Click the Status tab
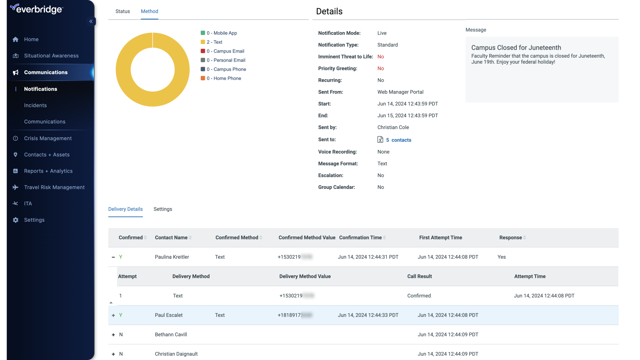[x=122, y=11]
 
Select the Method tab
[x=149, y=11]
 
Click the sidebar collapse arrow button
[x=91, y=21]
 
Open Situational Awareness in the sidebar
[x=51, y=56]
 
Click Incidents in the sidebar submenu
[x=35, y=105]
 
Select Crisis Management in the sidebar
[x=48, y=138]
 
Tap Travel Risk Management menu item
[x=54, y=187]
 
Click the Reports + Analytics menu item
[x=48, y=171]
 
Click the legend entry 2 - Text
[x=214, y=42]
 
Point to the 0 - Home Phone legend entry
[x=224, y=78]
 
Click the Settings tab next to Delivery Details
[x=163, y=209]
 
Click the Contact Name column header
[x=171, y=238]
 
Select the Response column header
[x=510, y=238]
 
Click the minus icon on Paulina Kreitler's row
[x=113, y=257]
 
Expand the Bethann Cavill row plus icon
[x=113, y=335]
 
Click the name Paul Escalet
[x=169, y=315]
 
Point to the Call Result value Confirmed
[x=419, y=296]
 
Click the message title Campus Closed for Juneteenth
[x=516, y=48]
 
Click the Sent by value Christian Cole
[x=393, y=127]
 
